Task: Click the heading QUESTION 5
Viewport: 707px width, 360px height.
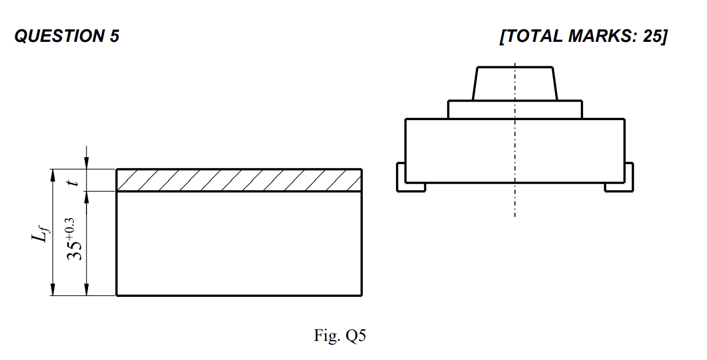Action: click(x=66, y=36)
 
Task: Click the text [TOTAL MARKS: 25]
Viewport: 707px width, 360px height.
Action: click(x=583, y=36)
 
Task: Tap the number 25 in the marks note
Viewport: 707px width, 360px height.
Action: click(x=651, y=36)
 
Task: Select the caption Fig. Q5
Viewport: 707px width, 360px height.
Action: click(x=340, y=336)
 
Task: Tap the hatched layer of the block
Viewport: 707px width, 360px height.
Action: click(x=239, y=180)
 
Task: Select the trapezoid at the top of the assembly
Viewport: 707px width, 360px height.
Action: click(x=514, y=83)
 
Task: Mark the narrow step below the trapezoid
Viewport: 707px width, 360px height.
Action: click(x=514, y=109)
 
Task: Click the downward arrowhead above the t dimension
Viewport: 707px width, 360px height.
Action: click(x=86, y=164)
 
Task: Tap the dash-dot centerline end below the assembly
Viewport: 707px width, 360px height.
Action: click(x=515, y=215)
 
